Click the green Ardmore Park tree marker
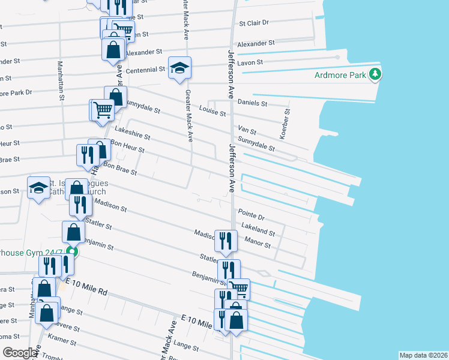click(376, 74)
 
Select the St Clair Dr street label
click(254, 23)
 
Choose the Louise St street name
click(212, 113)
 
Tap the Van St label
click(247, 130)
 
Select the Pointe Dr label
click(251, 214)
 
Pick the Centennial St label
click(145, 70)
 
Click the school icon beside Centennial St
click(179, 68)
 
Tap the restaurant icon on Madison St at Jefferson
click(225, 241)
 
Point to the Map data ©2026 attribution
click(423, 355)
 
